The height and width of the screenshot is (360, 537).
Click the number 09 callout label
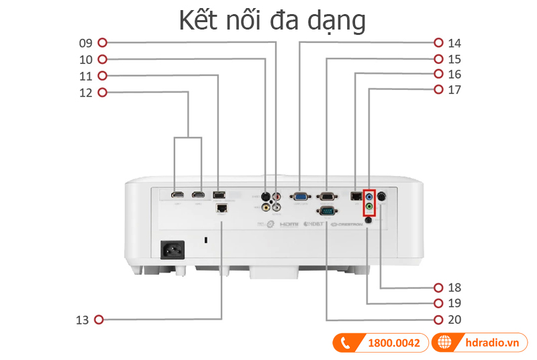(85, 43)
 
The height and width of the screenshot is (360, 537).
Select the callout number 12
(85, 92)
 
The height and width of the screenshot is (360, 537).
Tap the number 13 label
(82, 320)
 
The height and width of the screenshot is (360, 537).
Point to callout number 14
(454, 43)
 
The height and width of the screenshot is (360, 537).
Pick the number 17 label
(454, 89)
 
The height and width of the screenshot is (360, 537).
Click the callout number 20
(454, 320)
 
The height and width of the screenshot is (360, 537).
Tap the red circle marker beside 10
(103, 59)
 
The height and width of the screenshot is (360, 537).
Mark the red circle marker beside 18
(438, 287)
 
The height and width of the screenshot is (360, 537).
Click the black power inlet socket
(171, 250)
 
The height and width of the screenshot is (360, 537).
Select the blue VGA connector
(300, 197)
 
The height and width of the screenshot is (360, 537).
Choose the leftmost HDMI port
(177, 195)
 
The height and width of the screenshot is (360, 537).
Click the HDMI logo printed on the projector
(289, 223)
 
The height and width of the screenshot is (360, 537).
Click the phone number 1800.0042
(394, 343)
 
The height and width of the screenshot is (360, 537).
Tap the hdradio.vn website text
(492, 343)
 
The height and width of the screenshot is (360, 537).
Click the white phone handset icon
(346, 343)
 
